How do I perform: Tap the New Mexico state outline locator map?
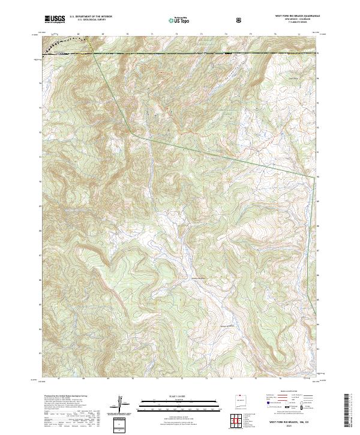[239, 403]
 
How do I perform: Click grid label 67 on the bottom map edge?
[58, 379]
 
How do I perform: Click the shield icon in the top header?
[239, 19]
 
